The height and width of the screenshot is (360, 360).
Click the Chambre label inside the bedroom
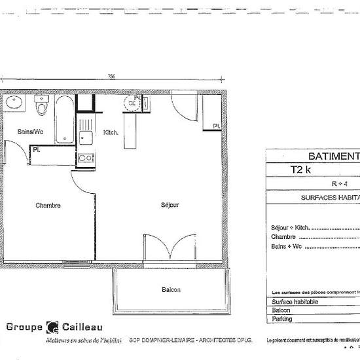pyautogui.click(x=48, y=205)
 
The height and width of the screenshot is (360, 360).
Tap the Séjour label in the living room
pyautogui.click(x=170, y=205)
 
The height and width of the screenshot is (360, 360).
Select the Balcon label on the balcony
pyautogui.click(x=171, y=289)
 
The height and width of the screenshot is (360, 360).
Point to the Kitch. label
pyautogui.click(x=111, y=133)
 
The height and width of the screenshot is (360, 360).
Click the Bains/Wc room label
pyautogui.click(x=28, y=132)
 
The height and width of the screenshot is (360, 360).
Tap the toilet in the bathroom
pyautogui.click(x=42, y=105)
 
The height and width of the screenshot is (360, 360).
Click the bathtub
pyautogui.click(x=63, y=119)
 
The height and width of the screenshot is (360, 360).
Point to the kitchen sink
pyautogui.click(x=85, y=136)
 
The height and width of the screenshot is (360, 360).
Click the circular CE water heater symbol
pyautogui.click(x=131, y=102)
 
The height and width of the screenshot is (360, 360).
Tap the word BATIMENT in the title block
pyautogui.click(x=334, y=156)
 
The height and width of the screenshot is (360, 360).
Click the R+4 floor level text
pyautogui.click(x=340, y=183)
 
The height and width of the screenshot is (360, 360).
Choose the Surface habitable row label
pyautogui.click(x=295, y=301)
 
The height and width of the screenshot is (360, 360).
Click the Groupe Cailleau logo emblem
pyautogui.click(x=52, y=327)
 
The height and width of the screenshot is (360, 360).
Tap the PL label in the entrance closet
pyautogui.click(x=215, y=126)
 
